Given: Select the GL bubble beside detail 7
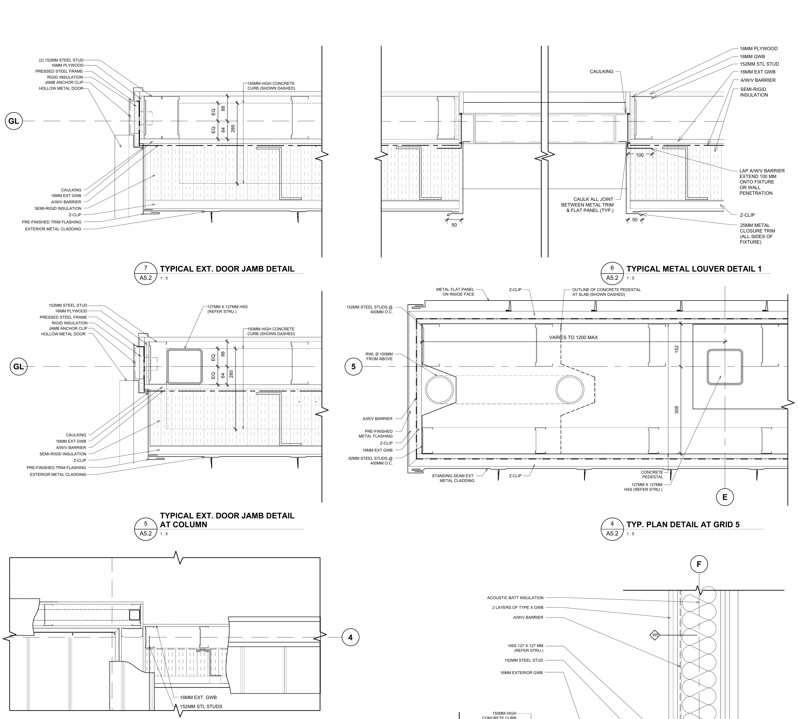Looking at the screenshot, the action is (x=13, y=121).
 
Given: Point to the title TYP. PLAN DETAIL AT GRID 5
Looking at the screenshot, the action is (x=683, y=525).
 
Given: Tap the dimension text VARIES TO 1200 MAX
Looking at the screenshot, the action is (x=573, y=337).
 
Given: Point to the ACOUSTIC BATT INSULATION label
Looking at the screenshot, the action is (x=515, y=598).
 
